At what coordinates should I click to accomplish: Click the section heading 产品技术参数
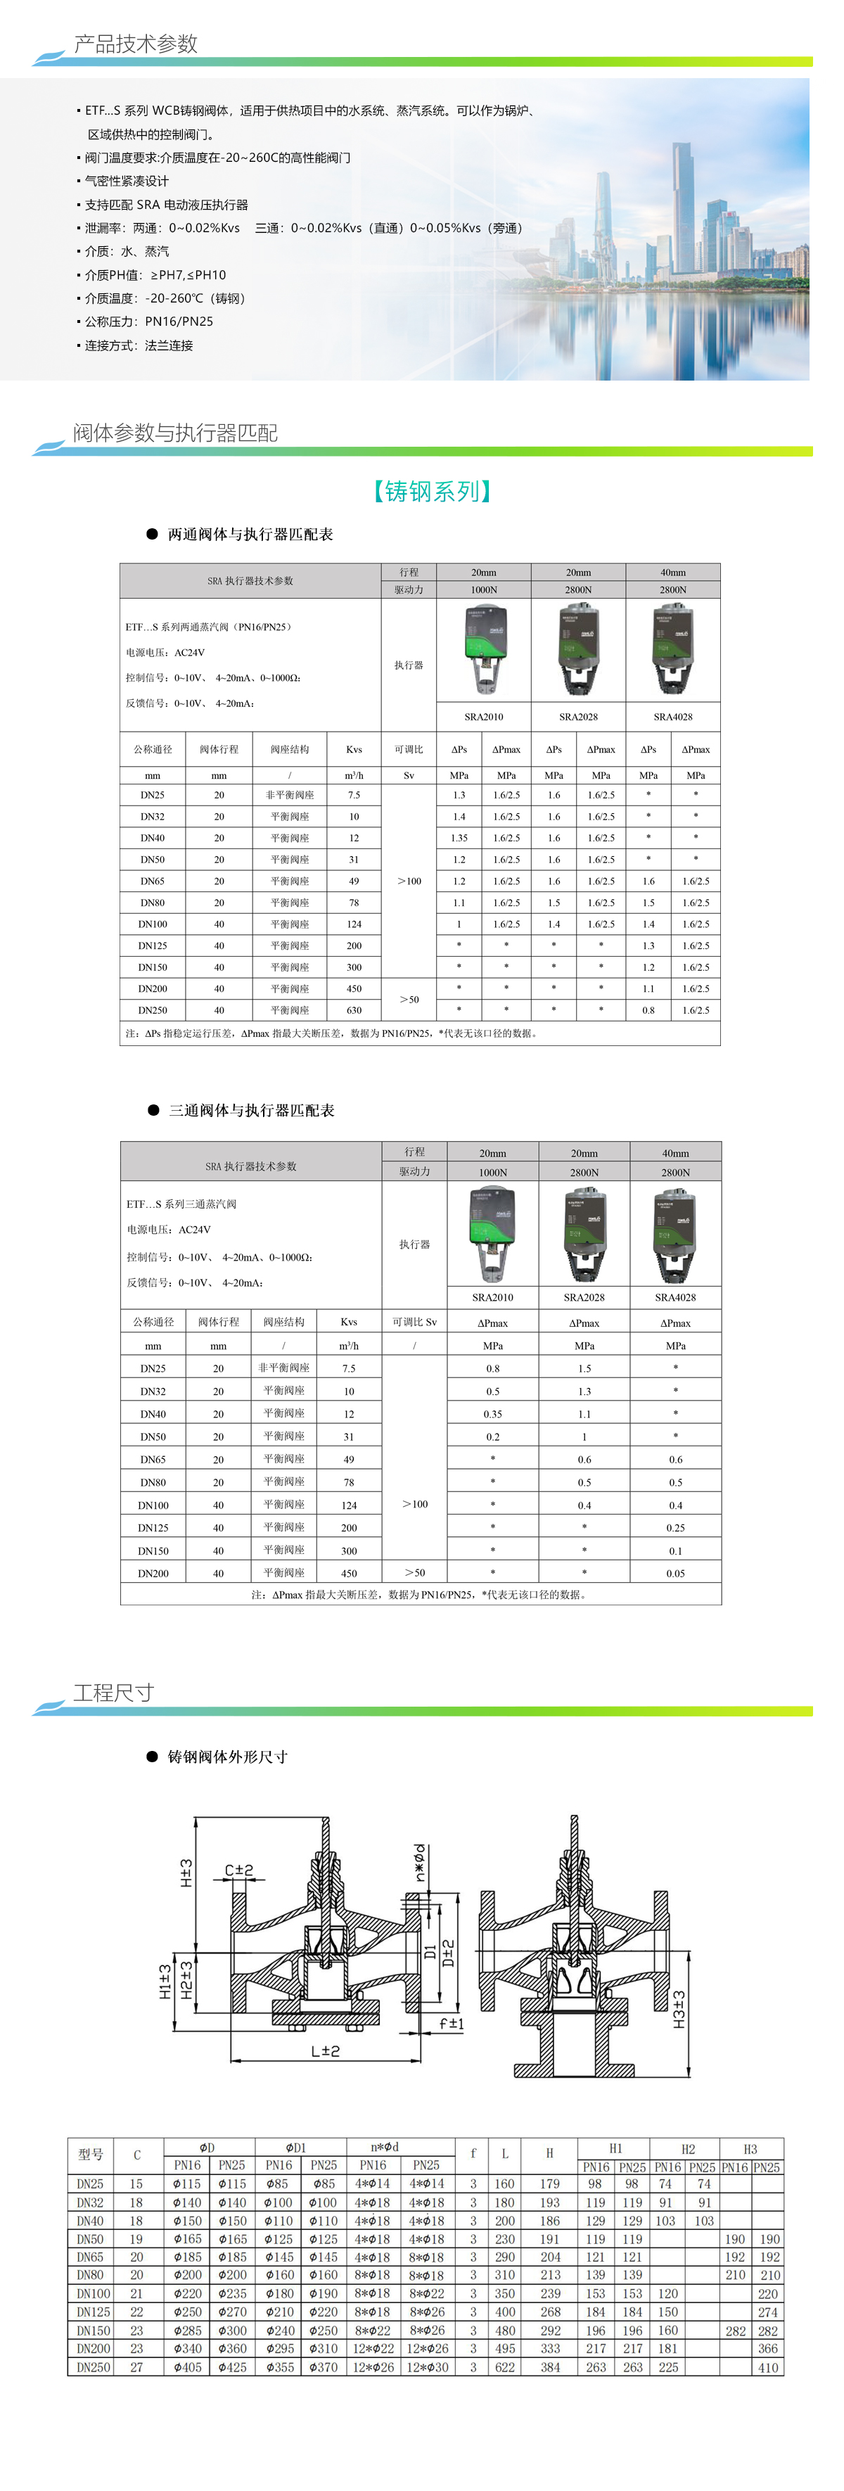135,44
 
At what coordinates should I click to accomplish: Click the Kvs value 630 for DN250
354,1010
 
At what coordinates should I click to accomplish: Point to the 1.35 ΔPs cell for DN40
459,839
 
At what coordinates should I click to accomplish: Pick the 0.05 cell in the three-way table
674,1573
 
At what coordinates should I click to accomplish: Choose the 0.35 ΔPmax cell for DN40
493,1414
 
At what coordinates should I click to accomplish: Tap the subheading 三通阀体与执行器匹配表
251,1110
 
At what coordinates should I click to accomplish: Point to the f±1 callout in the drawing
452,2023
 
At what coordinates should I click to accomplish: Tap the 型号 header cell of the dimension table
90,2153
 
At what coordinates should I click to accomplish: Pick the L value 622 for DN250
505,2367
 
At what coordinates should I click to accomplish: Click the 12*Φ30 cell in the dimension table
426,2367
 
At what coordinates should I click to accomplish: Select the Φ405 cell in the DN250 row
186,2367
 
